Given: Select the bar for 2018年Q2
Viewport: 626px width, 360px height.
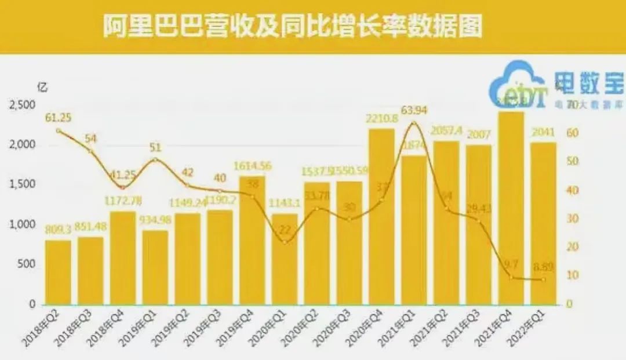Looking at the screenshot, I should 59,272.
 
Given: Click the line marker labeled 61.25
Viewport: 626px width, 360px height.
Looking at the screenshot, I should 59,130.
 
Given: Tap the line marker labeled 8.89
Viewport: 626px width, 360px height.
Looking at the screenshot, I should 543,279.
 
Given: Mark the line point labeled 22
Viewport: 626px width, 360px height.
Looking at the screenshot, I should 284,242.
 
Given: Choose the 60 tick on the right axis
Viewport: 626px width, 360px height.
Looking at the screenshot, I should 573,133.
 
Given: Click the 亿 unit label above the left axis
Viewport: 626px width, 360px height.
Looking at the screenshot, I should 42,88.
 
